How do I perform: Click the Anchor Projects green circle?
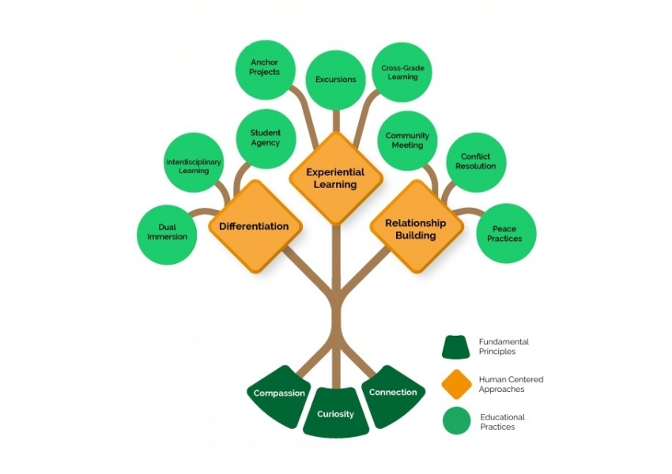pos(265,68)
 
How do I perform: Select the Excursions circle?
pos(336,79)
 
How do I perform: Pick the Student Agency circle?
pos(266,138)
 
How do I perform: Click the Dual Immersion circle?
pos(168,233)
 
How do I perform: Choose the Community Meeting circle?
pos(407,141)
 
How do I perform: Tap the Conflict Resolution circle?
pos(476,162)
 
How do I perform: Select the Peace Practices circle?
pos(504,234)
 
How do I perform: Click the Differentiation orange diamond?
pos(255,226)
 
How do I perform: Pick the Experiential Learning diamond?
pos(336,178)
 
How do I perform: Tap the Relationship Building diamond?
pos(416,228)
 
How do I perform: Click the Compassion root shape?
pos(279,393)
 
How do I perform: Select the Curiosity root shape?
pos(336,412)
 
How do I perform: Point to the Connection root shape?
pos(393,393)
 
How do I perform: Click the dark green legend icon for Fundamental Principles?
pos(456,347)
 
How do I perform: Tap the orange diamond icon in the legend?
pos(456,384)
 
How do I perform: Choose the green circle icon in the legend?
pos(456,421)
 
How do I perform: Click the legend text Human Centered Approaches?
pos(511,384)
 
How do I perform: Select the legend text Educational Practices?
pos(502,422)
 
